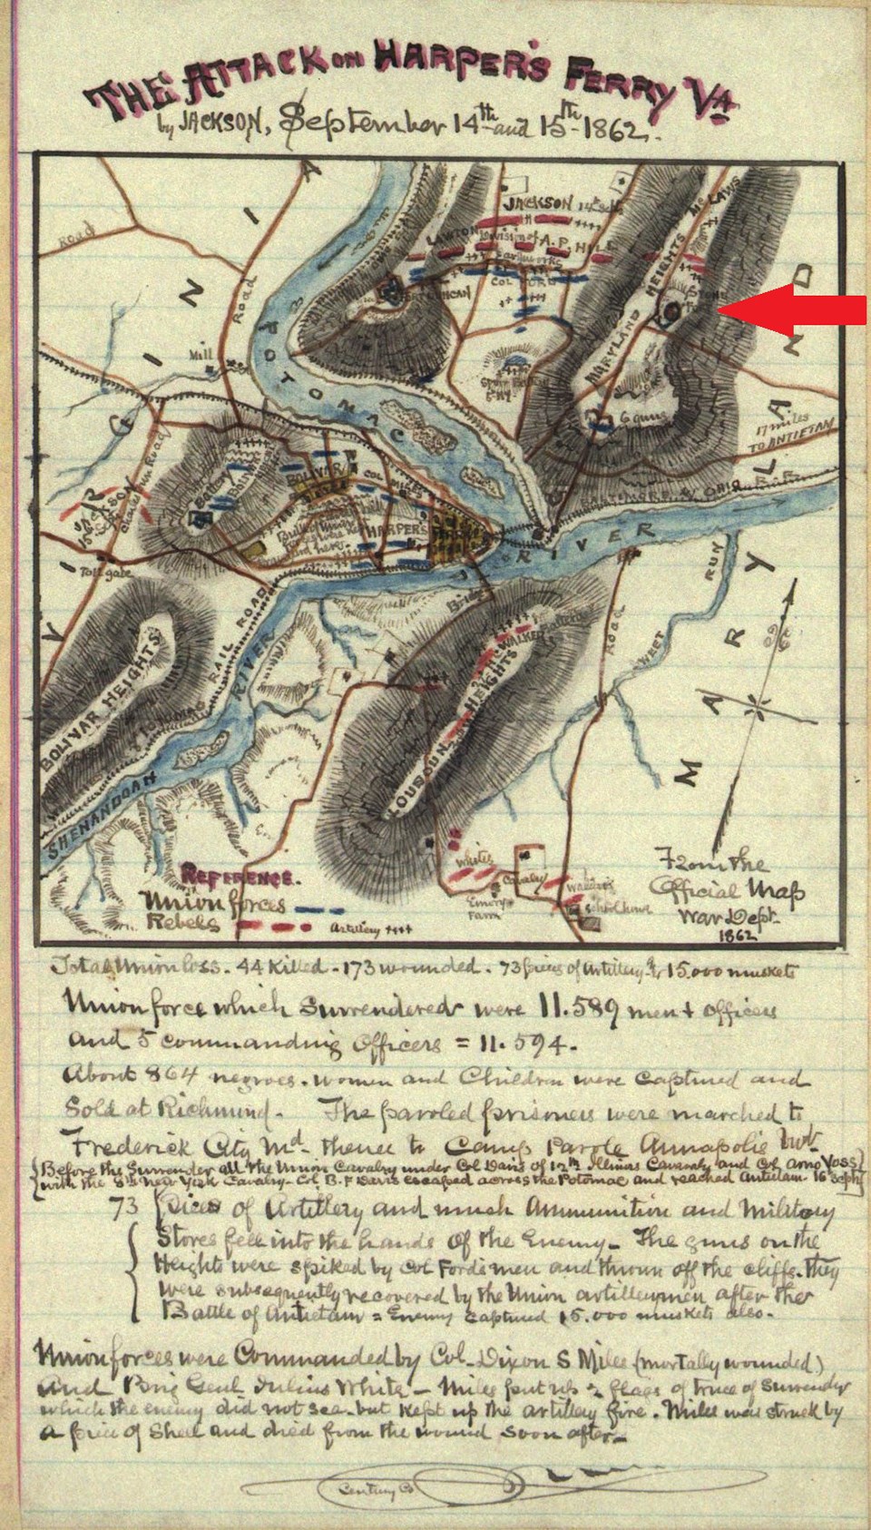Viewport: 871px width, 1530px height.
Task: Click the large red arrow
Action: (797, 309)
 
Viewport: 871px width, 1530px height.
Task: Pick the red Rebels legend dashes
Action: (277, 927)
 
